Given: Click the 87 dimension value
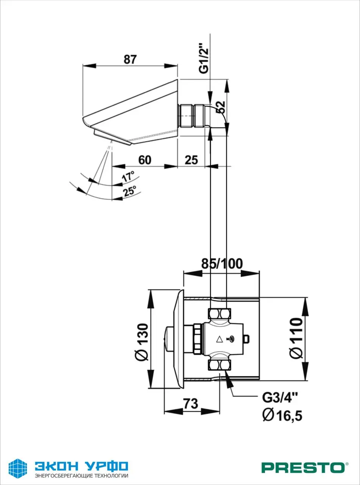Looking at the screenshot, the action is [130, 59].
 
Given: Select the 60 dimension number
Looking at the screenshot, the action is [145, 160].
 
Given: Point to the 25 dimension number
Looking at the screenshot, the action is [192, 160].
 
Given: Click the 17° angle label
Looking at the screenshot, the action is [128, 177].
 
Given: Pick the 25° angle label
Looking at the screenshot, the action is [129, 191].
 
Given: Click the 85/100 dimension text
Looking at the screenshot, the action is [222, 263].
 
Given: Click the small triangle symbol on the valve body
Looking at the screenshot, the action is [219, 339].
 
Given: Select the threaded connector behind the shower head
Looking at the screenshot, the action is [192, 116].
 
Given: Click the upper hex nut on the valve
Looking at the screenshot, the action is [220, 314].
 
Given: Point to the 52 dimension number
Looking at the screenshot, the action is [221, 107].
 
